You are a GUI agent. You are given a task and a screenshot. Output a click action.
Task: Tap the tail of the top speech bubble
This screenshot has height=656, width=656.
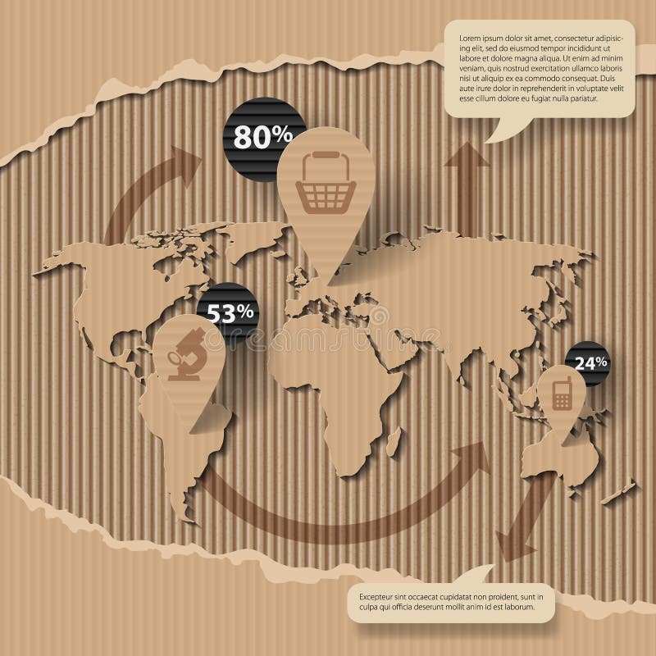pyautogui.click(x=498, y=131)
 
